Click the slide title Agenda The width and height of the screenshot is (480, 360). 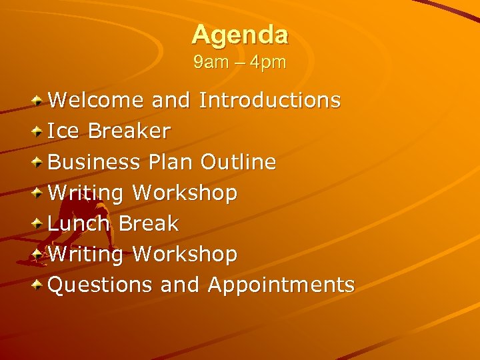(x=240, y=35)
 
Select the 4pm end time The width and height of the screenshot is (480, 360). (x=269, y=63)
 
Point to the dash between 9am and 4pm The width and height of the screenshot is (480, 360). (x=238, y=64)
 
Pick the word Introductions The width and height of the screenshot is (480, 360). (x=270, y=101)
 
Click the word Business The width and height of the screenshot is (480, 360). (x=94, y=162)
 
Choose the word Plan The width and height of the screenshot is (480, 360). (x=171, y=162)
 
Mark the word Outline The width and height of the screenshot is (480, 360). (x=238, y=162)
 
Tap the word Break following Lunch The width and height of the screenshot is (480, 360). (x=148, y=223)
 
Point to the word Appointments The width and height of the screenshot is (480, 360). (x=281, y=285)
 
